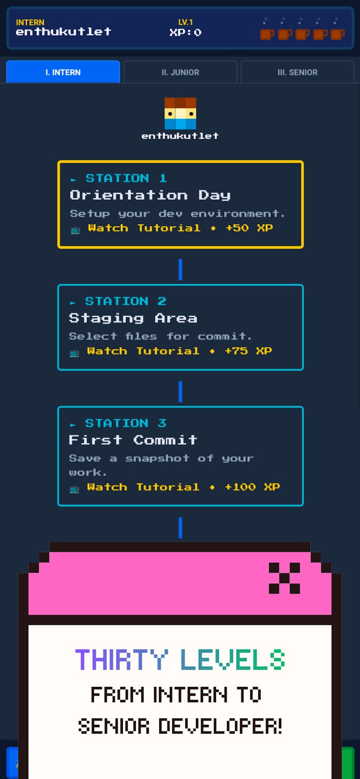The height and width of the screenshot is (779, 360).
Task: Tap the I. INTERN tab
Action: point(63,72)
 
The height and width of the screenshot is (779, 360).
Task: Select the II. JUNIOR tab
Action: point(180,72)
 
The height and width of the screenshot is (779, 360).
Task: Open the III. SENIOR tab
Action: point(297,72)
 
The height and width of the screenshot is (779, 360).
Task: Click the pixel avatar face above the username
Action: point(180,113)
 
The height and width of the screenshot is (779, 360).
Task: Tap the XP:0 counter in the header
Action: point(185,33)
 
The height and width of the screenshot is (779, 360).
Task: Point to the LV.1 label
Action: point(185,22)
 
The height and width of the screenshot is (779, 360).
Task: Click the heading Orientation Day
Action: point(150,195)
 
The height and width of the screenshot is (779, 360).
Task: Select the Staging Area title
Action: point(133,318)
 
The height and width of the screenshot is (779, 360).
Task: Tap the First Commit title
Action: point(133,440)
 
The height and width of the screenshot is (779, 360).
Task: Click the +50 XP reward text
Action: point(249,228)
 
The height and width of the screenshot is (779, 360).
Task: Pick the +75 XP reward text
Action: point(248,351)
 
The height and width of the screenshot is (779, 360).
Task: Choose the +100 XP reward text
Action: point(252,487)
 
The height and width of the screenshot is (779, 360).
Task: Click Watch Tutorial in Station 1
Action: point(144,228)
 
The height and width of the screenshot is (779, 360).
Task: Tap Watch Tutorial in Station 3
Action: point(143,487)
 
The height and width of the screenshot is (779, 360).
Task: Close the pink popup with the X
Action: point(284,578)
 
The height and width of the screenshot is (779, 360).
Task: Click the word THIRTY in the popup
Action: point(121,659)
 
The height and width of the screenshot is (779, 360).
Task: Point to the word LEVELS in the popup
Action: point(233,659)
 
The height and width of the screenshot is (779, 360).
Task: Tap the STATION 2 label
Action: point(125,301)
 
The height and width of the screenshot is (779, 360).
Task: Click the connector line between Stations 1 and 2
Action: point(180,269)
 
